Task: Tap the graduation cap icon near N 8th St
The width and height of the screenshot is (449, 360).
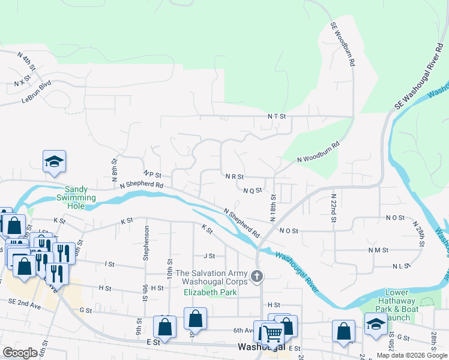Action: [x=54, y=161]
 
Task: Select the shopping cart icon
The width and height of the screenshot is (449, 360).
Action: [x=273, y=333]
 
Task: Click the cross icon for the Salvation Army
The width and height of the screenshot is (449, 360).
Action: [x=257, y=277]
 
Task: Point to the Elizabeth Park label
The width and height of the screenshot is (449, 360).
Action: [x=211, y=293]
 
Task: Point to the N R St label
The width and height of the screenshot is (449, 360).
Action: [x=234, y=177]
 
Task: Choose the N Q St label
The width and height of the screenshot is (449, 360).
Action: [x=253, y=190]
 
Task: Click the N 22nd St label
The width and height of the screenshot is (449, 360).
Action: [x=333, y=207]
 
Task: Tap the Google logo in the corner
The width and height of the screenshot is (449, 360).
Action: [x=20, y=353]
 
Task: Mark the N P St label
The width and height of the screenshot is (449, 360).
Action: [x=154, y=175]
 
